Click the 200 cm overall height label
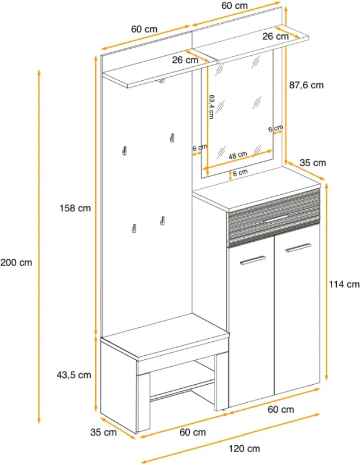[16, 263]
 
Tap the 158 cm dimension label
[75, 208]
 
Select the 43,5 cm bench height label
[74, 375]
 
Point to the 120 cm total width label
[244, 448]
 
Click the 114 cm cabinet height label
[344, 284]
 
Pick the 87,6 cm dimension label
[307, 85]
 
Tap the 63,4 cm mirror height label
[211, 107]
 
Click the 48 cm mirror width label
[237, 155]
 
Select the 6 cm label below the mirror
[240, 172]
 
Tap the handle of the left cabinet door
[253, 260]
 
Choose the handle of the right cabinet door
[298, 248]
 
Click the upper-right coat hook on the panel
[172, 137]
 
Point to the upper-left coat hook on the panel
[125, 151]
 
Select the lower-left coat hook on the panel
[134, 228]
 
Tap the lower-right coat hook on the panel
[163, 221]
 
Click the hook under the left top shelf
[161, 81]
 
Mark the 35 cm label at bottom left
[104, 432]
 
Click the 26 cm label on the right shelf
[276, 37]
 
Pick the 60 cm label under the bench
[193, 432]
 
